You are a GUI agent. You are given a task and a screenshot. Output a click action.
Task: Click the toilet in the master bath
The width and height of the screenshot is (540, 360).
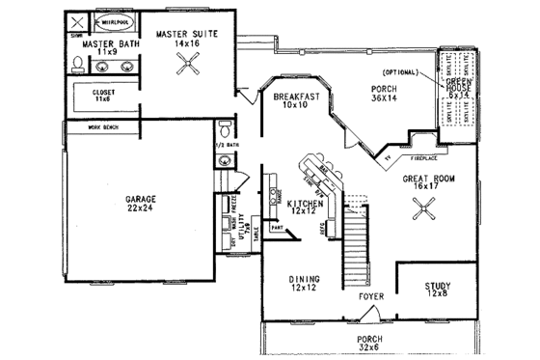[x=77, y=65]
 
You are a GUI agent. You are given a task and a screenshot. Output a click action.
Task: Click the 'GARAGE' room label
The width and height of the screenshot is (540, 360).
[x=140, y=200]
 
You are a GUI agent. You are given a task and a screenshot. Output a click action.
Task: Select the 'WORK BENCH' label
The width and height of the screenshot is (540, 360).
[x=106, y=126]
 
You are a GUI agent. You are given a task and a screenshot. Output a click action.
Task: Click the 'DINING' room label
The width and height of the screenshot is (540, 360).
[x=304, y=281]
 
